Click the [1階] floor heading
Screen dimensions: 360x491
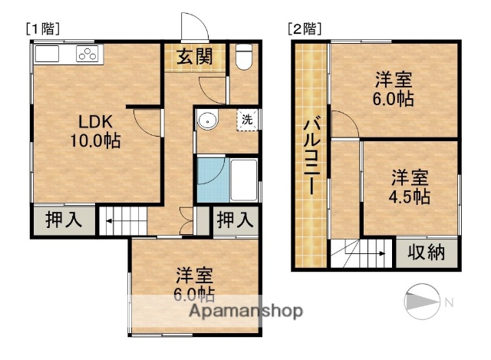43,29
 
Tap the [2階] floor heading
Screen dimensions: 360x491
304,29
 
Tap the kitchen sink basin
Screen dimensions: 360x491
47,54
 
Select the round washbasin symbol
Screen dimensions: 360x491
207,121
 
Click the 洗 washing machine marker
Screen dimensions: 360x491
247,120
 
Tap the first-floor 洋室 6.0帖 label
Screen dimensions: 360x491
195,283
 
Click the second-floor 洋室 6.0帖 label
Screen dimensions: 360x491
394,89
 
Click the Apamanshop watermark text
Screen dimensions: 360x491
242,311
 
